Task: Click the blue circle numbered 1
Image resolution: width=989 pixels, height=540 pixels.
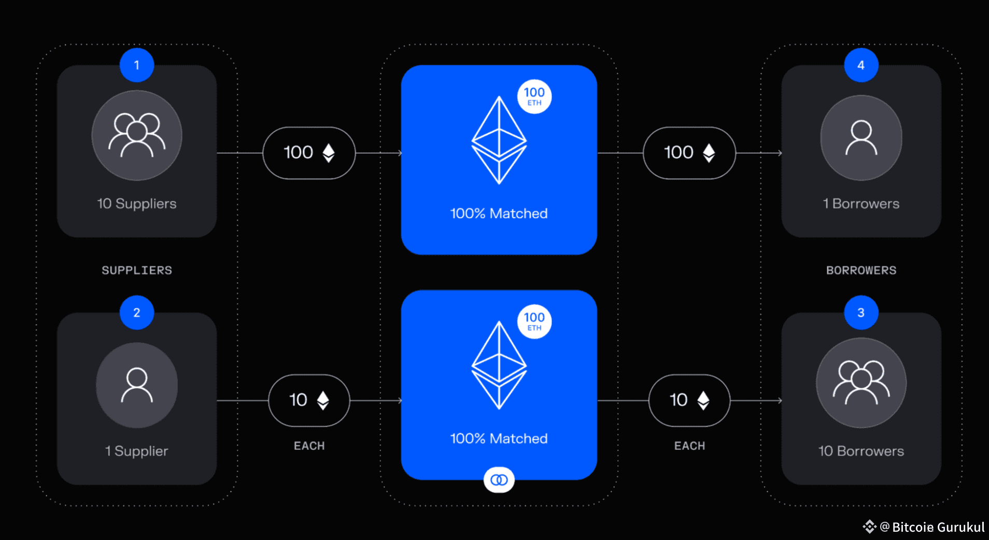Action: (x=137, y=65)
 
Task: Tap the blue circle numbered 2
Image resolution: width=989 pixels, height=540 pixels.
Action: (x=137, y=313)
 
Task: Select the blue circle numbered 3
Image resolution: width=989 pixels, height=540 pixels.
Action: (x=861, y=313)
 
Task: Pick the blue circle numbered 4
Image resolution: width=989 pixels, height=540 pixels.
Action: (x=861, y=65)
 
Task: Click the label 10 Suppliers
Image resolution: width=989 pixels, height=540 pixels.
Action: (x=137, y=203)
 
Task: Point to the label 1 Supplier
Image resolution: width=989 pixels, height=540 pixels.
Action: (x=137, y=451)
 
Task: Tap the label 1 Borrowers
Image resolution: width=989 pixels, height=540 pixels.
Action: (x=861, y=203)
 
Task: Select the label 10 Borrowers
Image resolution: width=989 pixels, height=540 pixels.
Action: (x=861, y=451)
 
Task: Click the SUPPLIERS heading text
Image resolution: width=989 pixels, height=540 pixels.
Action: (x=137, y=270)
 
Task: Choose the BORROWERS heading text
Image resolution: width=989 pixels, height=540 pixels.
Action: (x=861, y=270)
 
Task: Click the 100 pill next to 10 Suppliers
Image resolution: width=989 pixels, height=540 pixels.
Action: (x=309, y=153)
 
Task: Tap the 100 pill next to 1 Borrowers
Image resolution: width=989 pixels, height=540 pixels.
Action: (x=689, y=153)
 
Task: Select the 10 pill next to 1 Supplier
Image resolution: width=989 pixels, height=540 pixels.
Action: (x=309, y=400)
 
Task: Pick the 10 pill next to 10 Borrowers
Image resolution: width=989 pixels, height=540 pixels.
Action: (x=689, y=400)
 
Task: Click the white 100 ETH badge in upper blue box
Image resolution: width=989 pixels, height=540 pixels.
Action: (x=534, y=97)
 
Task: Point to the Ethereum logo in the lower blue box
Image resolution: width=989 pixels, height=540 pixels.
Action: (x=499, y=366)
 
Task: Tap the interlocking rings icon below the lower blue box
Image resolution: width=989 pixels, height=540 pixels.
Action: (x=499, y=480)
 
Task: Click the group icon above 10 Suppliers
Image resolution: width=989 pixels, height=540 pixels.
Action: (x=137, y=136)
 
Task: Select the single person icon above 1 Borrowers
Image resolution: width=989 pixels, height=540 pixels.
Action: (x=861, y=138)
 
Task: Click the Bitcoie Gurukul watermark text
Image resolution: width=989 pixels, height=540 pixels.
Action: (x=938, y=527)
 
